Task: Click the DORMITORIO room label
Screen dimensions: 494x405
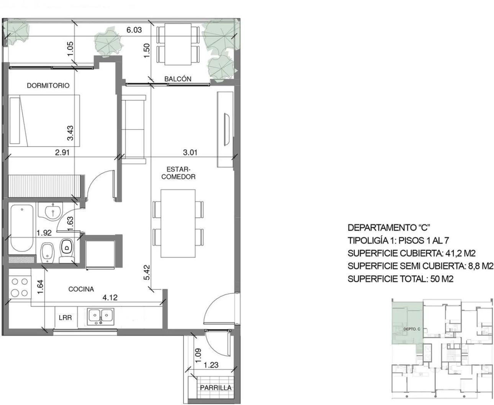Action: (x=48, y=86)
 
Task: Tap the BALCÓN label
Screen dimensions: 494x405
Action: (x=178, y=79)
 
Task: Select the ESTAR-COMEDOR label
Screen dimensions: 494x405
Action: (x=178, y=173)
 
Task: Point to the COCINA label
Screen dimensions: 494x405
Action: (x=81, y=289)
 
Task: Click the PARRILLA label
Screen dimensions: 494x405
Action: (x=216, y=388)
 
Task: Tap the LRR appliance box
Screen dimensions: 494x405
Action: (x=66, y=318)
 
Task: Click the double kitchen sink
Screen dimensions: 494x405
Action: (x=100, y=316)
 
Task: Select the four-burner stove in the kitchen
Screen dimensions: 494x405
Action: (x=20, y=287)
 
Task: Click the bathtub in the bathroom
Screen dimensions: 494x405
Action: (x=22, y=228)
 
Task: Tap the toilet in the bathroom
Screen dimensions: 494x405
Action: (x=67, y=251)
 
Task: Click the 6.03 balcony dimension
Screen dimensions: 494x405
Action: (x=134, y=30)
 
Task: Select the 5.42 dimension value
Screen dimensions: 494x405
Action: (x=147, y=272)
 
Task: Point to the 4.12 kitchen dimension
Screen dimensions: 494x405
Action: (x=110, y=298)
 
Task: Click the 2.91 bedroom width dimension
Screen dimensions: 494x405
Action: (x=62, y=153)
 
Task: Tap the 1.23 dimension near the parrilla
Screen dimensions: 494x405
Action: (x=211, y=365)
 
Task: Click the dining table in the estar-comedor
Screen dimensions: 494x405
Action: (x=178, y=223)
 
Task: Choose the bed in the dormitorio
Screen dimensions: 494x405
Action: (x=44, y=120)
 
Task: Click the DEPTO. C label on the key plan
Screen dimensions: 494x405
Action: (x=412, y=329)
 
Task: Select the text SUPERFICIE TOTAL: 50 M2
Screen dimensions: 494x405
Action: (x=401, y=279)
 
